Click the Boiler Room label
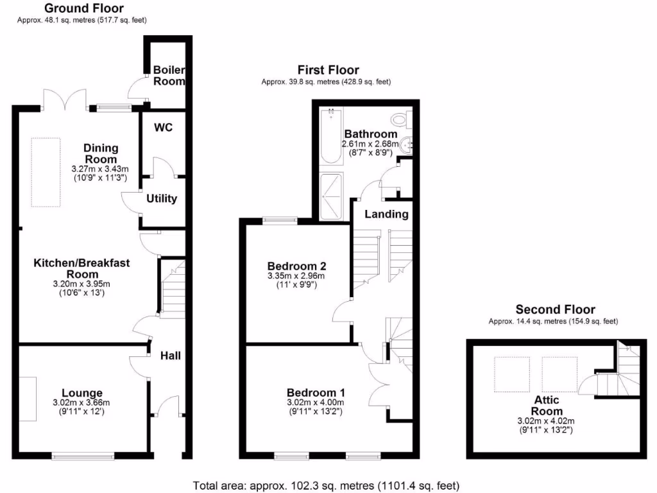click(169, 76)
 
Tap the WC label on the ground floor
click(163, 127)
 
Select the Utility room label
click(162, 198)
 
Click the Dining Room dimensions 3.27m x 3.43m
click(101, 169)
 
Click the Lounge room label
click(81, 393)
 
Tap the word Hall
click(170, 354)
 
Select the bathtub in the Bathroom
click(332, 136)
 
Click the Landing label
click(386, 214)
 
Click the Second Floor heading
click(555, 309)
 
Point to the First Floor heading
click(328, 70)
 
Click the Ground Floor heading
click(83, 8)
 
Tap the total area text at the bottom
click(326, 485)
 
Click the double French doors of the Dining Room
click(64, 99)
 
